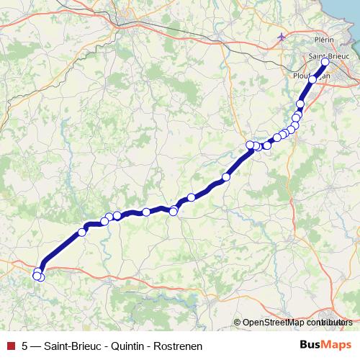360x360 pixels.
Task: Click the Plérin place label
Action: click(x=324, y=40)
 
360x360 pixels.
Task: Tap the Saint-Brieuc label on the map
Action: click(x=328, y=55)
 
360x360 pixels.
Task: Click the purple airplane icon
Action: click(x=281, y=37)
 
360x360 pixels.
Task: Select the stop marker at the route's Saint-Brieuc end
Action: click(x=325, y=62)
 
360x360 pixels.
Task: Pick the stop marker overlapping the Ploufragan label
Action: click(x=312, y=80)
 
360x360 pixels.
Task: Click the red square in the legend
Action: click(x=10, y=346)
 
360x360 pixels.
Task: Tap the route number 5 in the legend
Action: click(x=25, y=346)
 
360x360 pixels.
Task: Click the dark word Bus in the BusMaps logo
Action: click(x=311, y=345)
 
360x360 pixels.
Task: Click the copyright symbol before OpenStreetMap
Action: click(x=237, y=323)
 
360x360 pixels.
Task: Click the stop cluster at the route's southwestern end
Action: click(x=38, y=274)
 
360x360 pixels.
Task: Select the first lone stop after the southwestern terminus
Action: click(x=81, y=233)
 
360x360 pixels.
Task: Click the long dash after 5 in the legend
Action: click(x=37, y=346)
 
